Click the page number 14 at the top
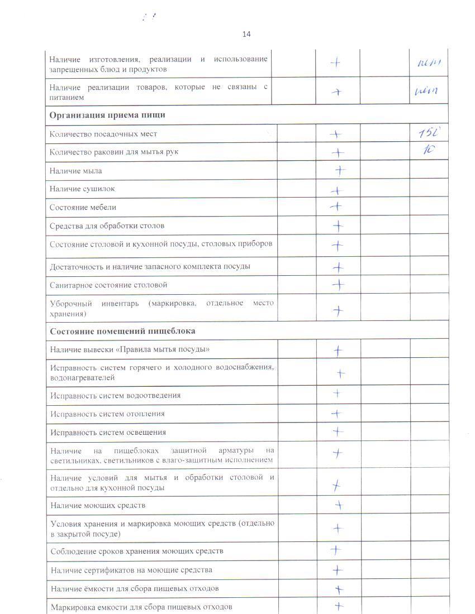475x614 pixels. pos(246,34)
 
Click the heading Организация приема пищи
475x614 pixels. pos(107,115)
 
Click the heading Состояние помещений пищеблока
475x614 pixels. pos(122,331)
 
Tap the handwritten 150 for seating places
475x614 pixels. pos(430,133)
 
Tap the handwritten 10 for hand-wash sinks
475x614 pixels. pos(429,151)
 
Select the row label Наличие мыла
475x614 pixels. pos(75,171)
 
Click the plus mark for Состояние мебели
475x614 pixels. pos(336,207)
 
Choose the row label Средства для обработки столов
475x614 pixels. pos(107,226)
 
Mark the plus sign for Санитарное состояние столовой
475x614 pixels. pos(338,285)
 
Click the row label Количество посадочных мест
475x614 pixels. pos(103,134)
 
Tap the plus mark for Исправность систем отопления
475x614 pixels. pos(336,414)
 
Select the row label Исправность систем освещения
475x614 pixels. pos(108,433)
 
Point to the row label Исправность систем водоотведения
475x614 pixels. pos(115,396)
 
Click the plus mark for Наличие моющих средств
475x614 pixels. pos(338,506)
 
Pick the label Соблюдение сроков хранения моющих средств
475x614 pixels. pos(137,551)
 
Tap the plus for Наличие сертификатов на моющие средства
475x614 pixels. pos(338,570)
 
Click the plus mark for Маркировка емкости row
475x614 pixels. pos(338,606)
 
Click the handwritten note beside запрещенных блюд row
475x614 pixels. pos(429,63)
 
